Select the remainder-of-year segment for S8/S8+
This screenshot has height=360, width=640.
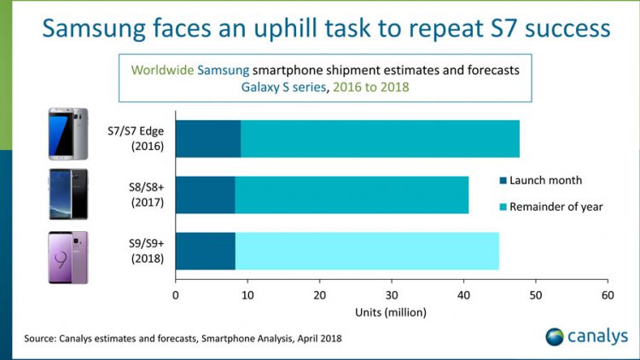click(x=352, y=195)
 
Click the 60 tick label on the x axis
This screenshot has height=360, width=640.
click(x=608, y=295)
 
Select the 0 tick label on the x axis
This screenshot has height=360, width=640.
click(x=176, y=295)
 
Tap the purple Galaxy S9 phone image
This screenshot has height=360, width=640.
click(x=67, y=257)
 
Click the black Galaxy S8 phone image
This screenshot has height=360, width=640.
click(x=67, y=195)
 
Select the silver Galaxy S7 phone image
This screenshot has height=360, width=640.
click(x=67, y=134)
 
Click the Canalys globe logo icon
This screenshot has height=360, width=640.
click(x=556, y=336)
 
